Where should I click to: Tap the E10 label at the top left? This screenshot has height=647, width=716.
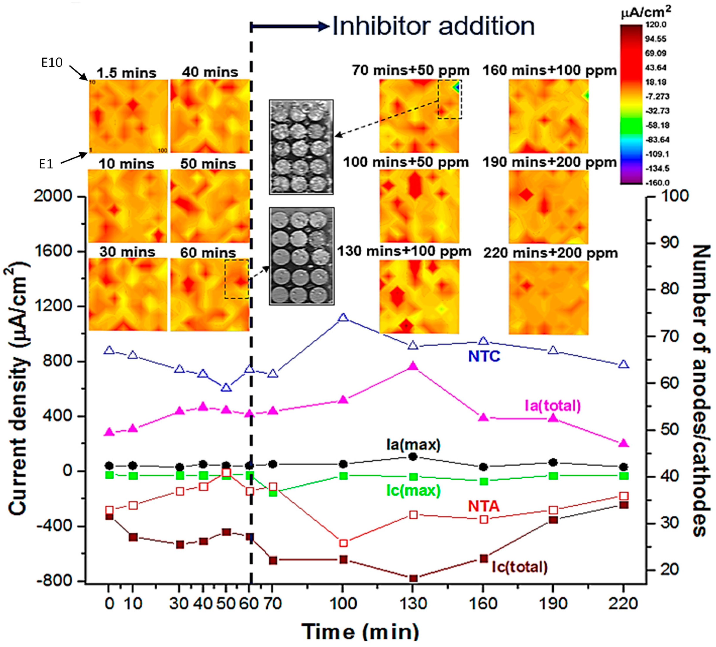(52, 63)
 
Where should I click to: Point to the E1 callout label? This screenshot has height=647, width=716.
(46, 164)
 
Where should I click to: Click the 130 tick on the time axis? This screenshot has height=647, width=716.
(413, 603)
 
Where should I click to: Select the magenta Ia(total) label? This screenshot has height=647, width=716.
(553, 405)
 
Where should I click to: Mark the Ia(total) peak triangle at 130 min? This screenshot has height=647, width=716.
(413, 366)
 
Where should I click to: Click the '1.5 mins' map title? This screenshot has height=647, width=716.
(126, 73)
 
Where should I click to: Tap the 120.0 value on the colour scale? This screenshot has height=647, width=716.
(655, 25)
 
